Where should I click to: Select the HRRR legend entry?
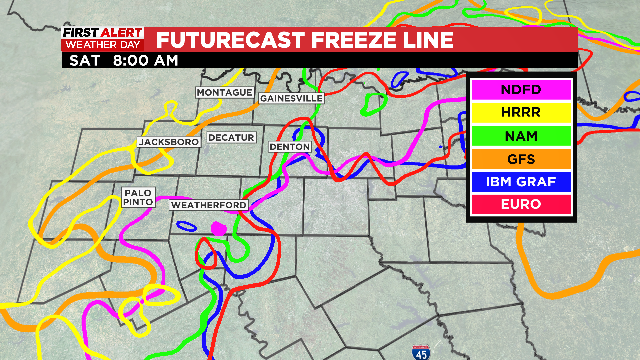[520, 112]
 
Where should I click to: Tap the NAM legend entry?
[520, 135]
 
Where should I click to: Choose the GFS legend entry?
[520, 158]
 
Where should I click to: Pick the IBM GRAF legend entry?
[520, 181]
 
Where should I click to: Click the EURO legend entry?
[520, 204]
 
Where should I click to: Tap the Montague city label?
[224, 92]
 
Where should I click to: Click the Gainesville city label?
[291, 99]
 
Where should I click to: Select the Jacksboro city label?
[167, 143]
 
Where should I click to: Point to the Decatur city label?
[233, 137]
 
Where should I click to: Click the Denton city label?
[290, 147]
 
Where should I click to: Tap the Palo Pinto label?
[139, 196]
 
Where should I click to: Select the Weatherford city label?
[209, 205]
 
